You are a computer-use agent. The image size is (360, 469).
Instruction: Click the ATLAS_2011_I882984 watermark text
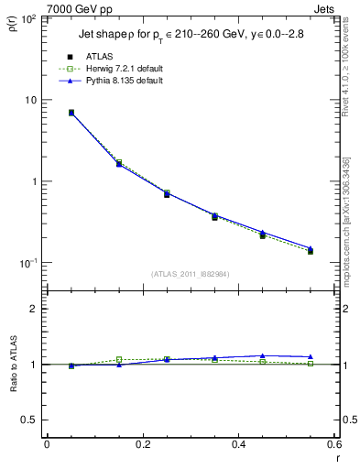[x=191, y=274]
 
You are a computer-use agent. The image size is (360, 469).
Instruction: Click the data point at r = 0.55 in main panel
[x=311, y=250]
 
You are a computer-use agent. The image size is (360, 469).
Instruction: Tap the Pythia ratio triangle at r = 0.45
[x=263, y=355]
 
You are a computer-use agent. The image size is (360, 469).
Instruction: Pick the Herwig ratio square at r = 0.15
[x=119, y=359]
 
